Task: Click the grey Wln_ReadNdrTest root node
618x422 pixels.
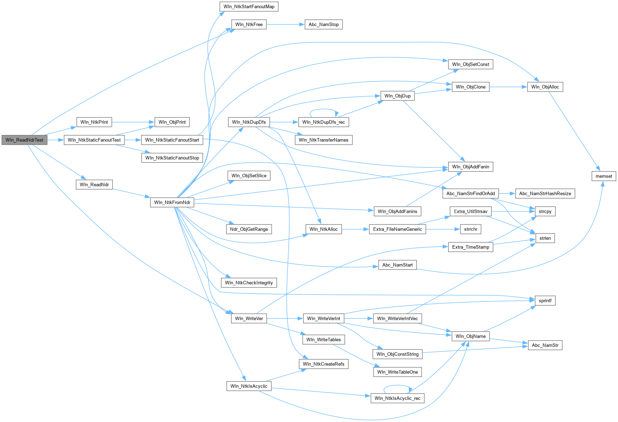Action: [x=24, y=140]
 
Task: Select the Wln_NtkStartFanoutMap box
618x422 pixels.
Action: [x=249, y=7]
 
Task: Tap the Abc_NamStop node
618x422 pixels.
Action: [x=323, y=24]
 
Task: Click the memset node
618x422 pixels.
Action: [x=604, y=176]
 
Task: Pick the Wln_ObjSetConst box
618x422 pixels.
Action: [x=470, y=64]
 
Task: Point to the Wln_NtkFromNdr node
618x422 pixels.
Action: [x=172, y=202]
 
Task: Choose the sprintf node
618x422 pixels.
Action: [x=545, y=300]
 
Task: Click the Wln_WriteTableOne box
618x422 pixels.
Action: [x=397, y=372]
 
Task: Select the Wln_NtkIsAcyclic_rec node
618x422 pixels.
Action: [x=397, y=398]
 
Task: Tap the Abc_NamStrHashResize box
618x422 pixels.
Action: [x=545, y=193]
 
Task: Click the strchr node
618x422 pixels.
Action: [x=471, y=229]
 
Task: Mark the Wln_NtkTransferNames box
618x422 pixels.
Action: [x=323, y=140]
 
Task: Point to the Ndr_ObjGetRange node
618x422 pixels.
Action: [x=249, y=229]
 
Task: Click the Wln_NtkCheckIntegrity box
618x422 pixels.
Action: [x=249, y=283]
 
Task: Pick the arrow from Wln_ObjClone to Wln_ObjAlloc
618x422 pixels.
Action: [x=508, y=87]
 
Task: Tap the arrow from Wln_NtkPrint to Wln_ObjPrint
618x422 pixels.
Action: [x=133, y=122]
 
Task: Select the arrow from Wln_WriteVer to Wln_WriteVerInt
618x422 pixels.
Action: [x=285, y=318]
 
